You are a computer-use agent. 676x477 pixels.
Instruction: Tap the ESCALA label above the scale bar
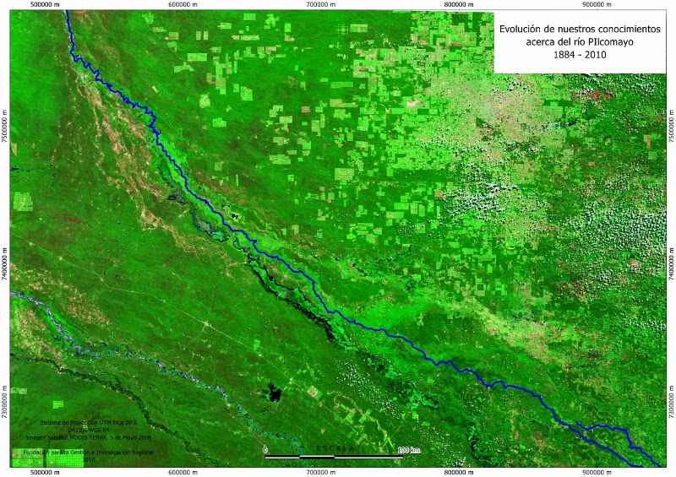point(335,447)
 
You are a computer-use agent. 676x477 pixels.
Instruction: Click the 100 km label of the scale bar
point(407,450)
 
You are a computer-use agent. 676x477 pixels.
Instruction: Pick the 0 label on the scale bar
point(265,450)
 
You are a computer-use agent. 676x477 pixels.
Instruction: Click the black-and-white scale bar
point(335,457)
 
